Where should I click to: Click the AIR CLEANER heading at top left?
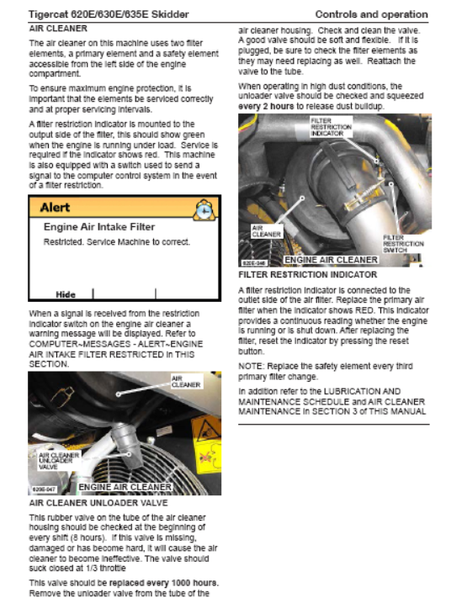coord(58,29)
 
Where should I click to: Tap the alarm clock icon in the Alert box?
coord(204,210)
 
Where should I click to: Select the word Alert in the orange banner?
coord(55,208)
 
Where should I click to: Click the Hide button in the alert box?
coord(66,294)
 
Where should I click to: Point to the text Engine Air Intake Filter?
coord(99,227)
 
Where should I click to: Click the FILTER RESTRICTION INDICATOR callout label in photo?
coord(332,127)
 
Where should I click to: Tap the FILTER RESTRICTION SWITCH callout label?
coord(403,244)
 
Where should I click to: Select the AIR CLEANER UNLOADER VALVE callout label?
coord(59,461)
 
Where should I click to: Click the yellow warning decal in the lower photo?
coord(206,445)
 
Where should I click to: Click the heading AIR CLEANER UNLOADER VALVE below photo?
coord(98,503)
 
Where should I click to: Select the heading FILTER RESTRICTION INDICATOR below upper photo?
coord(308,274)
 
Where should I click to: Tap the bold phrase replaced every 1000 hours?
coord(164,583)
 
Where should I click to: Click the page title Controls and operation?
coord(372,14)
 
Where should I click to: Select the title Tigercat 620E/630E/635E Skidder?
coord(109,14)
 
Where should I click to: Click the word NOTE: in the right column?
coord(252,366)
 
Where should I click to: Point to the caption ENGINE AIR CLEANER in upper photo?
coord(332,260)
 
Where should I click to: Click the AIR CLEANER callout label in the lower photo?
coord(186,382)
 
